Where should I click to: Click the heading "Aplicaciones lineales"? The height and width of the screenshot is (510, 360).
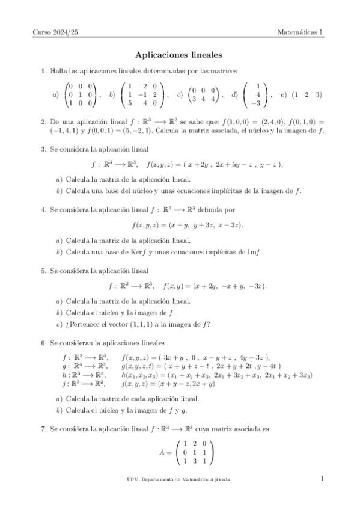point(180,54)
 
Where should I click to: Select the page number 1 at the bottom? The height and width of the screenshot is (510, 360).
point(322,479)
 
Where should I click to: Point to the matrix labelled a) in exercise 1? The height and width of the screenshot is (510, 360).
point(81,94)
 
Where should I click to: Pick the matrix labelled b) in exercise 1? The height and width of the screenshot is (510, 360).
point(142,94)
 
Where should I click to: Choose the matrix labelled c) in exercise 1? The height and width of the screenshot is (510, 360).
point(203,94)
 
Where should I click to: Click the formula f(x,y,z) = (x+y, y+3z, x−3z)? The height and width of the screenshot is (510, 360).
point(187,225)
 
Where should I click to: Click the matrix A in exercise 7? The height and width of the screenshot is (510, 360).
point(193,450)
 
